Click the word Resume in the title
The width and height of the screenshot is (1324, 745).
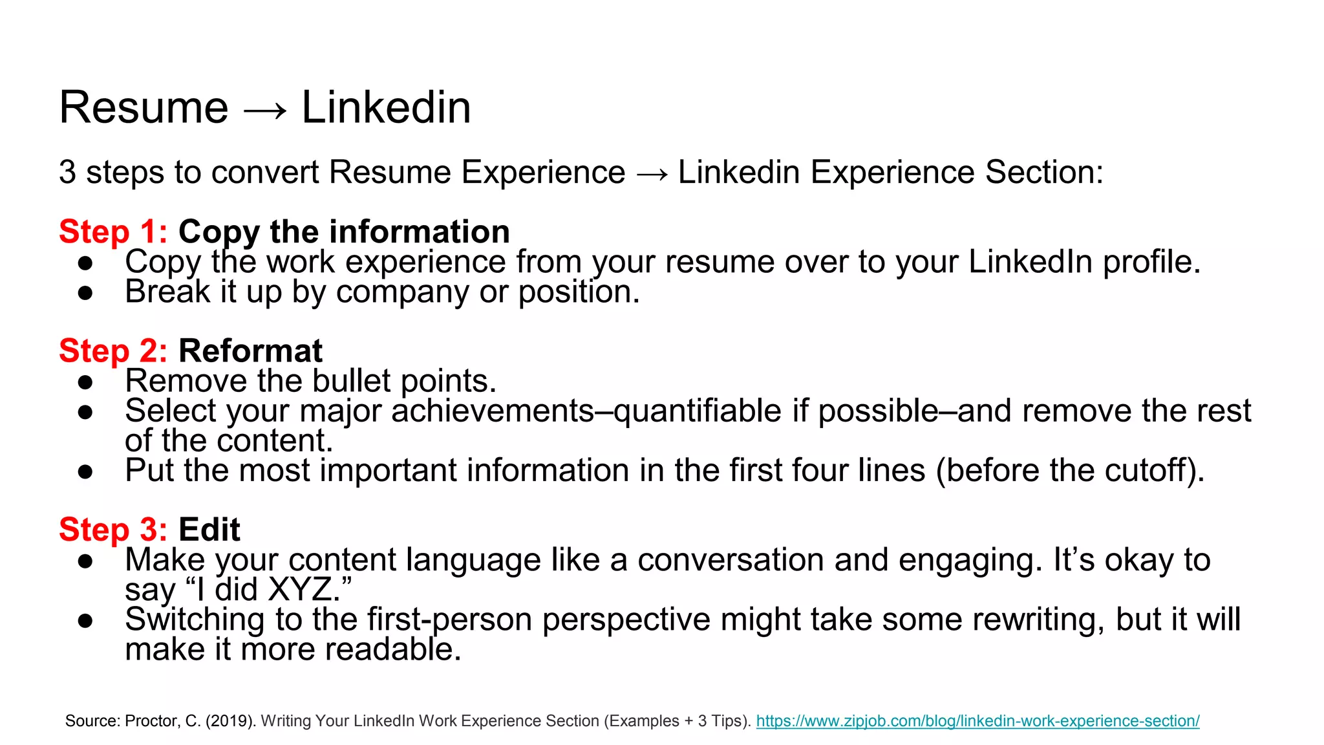(144, 107)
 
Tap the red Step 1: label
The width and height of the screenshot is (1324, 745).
(113, 232)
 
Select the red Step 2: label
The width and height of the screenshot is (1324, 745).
(113, 351)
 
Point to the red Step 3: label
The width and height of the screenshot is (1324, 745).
(113, 530)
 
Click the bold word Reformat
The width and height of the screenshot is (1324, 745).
(250, 351)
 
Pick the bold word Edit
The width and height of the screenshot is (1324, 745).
(209, 530)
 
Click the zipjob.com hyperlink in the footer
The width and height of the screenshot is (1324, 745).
(977, 720)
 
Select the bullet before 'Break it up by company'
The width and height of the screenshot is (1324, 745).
(85, 293)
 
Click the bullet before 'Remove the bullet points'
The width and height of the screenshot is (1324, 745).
(85, 382)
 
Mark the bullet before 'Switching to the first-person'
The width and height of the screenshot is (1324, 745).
(85, 621)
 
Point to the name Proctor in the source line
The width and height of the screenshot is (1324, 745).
(152, 720)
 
